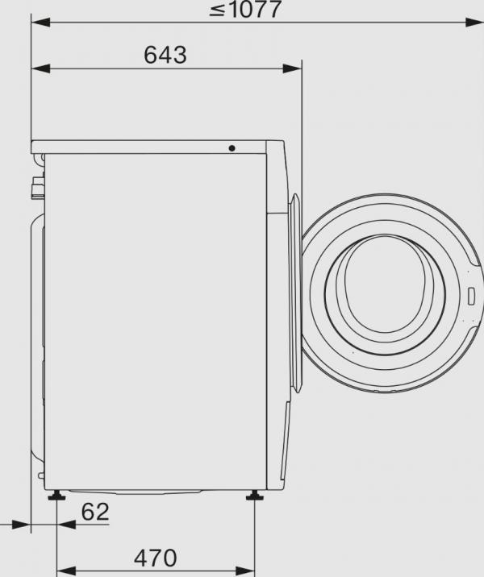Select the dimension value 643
coord(165,55)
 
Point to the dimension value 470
coord(155,557)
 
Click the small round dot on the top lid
coord(232,148)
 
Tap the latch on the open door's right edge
coord(471,293)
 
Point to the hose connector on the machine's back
coord(35,189)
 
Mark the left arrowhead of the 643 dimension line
coord(37,70)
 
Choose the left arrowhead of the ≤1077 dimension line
coord(37,24)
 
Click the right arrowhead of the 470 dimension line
coord(252,572)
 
